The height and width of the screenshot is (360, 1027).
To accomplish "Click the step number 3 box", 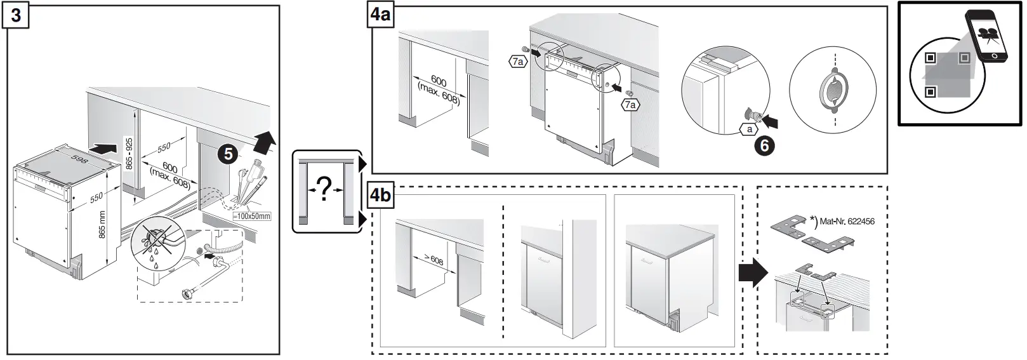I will pos(16,15).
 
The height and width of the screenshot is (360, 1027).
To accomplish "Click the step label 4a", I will pos(380,15).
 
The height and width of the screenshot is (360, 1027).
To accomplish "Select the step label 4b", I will pos(380,194).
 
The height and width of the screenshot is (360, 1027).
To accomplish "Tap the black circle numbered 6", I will pos(764,146).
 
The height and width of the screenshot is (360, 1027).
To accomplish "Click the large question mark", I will pos(324,189).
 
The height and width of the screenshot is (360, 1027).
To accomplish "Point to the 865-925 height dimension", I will pos(129,154).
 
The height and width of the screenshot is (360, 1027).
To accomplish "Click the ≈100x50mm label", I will pos(252,217).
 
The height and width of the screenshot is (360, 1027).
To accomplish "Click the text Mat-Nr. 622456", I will pos(847,222).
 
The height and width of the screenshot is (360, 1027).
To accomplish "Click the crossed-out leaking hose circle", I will pos(152,244).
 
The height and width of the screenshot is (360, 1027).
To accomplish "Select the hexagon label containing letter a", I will pos(750,129).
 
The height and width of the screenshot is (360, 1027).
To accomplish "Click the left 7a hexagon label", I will pos(518,62).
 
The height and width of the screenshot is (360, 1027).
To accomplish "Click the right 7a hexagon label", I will pos(630,105).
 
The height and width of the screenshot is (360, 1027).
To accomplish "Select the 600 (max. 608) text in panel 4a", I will pos(437,89).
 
